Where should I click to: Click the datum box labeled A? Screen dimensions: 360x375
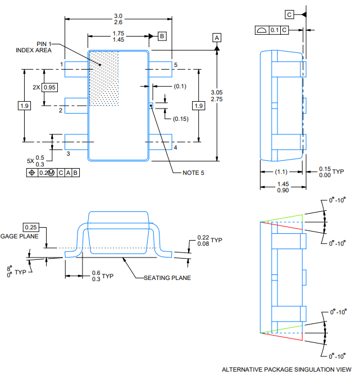point(217,38)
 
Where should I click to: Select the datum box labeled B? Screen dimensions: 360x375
point(162,36)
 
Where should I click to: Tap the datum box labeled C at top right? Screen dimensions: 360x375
point(289,15)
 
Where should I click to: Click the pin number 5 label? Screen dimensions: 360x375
point(176,65)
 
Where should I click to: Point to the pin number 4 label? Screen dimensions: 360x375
point(175,147)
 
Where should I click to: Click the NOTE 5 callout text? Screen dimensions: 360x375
point(193,173)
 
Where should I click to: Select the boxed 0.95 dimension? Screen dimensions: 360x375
point(49,87)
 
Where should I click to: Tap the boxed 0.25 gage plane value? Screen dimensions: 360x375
point(31,227)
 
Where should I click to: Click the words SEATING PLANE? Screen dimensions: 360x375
point(167,278)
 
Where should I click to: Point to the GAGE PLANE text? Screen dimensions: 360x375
point(19,236)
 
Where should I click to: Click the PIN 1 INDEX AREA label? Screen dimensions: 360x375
point(34,47)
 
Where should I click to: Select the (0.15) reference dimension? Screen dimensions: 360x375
point(181,119)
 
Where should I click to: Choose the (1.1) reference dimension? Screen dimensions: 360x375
point(281,171)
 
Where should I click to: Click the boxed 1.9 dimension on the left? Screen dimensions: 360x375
point(24,106)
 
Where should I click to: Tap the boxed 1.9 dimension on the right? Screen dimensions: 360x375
point(198,106)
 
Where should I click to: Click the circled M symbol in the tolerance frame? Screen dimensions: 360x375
point(51,173)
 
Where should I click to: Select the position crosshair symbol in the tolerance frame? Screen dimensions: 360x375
point(32,173)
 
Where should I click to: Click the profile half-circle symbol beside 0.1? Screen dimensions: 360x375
point(262,30)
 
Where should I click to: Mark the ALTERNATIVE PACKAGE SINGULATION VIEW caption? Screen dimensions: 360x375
point(286,369)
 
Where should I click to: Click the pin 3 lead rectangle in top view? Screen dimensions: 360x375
point(76,142)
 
